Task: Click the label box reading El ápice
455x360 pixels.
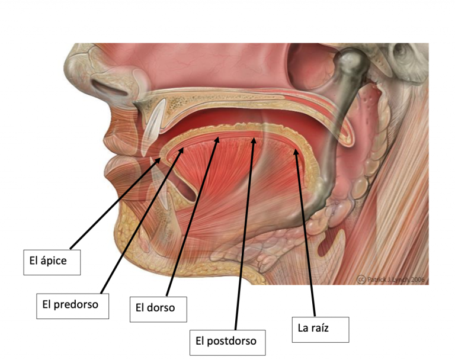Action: tap(52, 262)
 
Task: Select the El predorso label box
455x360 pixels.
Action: tap(72, 306)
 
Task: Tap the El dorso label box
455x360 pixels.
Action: tap(158, 309)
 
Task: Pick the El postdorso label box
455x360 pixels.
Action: tap(227, 343)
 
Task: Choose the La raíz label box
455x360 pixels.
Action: tap(321, 330)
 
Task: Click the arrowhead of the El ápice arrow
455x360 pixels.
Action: tap(158, 160)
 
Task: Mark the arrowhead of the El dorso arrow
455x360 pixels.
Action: tap(217, 140)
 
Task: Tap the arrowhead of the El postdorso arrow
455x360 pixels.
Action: tap(254, 141)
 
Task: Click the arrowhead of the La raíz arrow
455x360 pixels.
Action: tap(296, 153)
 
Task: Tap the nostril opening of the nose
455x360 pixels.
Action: tap(110, 87)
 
